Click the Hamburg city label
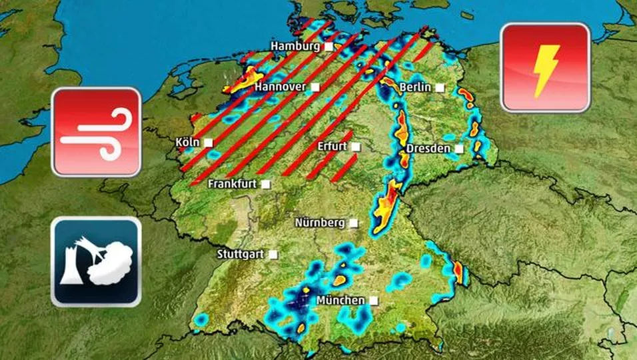(295, 47)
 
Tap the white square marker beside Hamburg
(328, 47)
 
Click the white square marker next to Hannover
(315, 87)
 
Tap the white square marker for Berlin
(440, 87)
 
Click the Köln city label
(187, 143)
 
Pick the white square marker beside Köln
(209, 143)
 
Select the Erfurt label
(332, 147)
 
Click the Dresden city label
(428, 149)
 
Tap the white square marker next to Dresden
(459, 149)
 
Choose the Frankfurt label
(232, 184)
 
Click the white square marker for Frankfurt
(266, 184)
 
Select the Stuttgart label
(241, 255)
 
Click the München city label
(340, 301)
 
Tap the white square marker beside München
(374, 301)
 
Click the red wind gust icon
(97, 131)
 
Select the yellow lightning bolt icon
(545, 67)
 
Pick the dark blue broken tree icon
(97, 261)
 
